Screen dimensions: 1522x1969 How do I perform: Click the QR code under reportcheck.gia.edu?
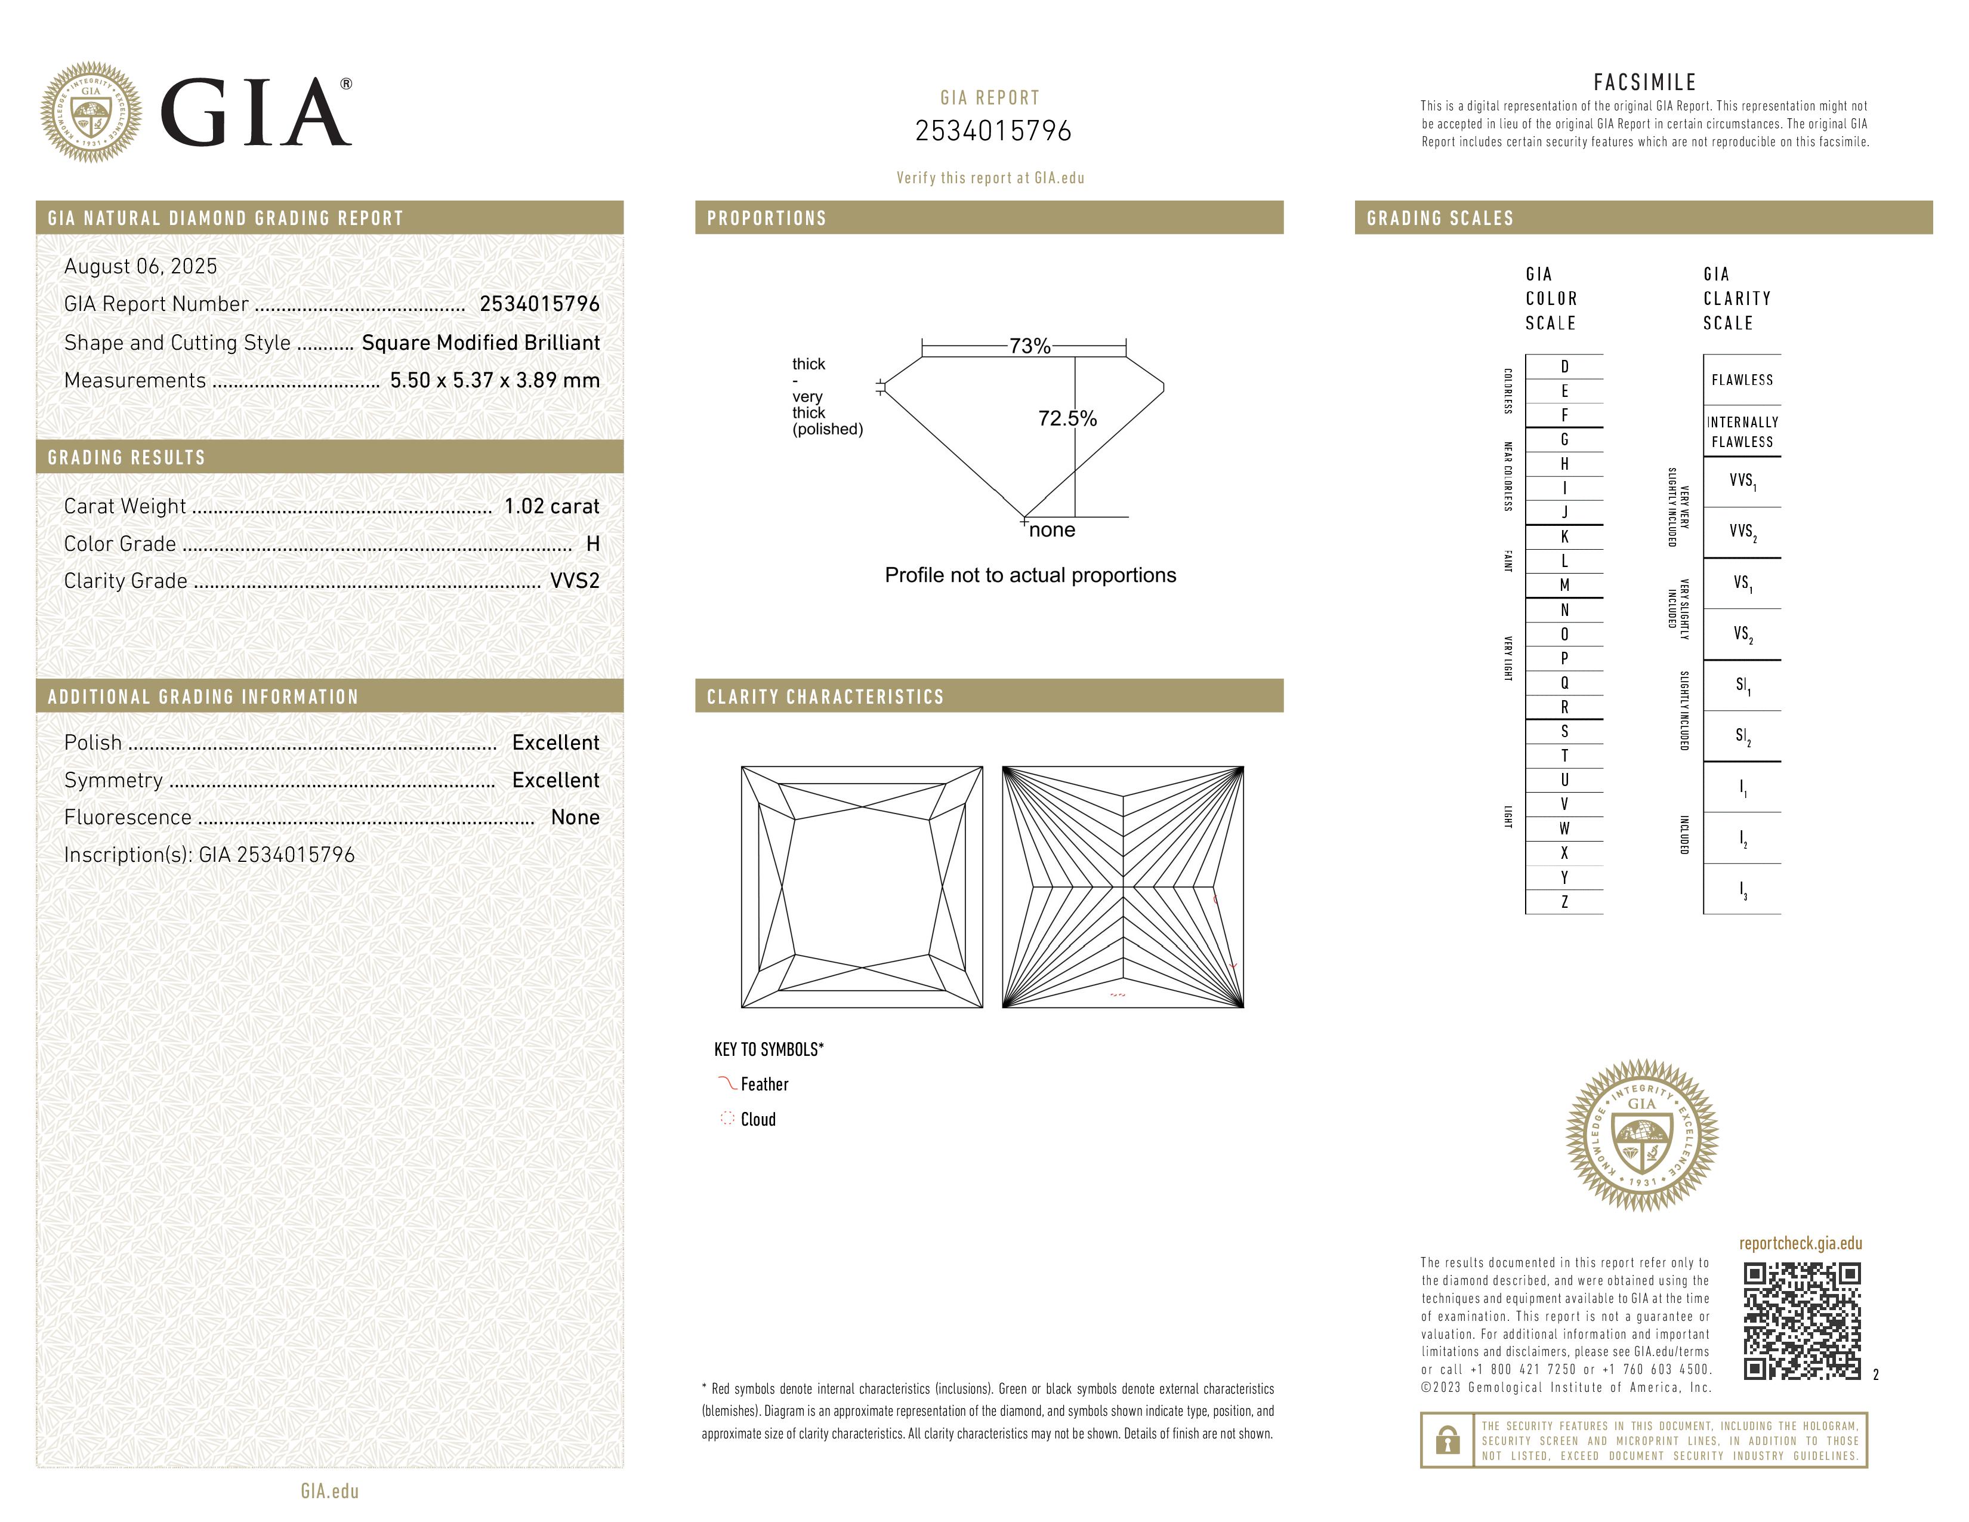[1801, 1321]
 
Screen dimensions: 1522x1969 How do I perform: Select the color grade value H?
[592, 544]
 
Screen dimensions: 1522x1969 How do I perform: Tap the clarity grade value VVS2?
[574, 581]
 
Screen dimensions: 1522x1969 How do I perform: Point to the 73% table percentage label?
[1030, 346]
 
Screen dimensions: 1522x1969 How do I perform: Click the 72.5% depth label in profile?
[1067, 418]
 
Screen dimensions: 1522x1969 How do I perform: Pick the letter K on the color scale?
[1564, 537]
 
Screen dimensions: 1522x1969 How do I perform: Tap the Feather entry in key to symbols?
[764, 1084]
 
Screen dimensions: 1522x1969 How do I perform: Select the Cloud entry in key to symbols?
[757, 1120]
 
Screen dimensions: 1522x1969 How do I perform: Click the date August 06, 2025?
[141, 266]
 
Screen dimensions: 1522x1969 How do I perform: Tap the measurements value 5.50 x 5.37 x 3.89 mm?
[494, 381]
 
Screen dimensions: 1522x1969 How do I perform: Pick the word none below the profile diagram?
[1051, 530]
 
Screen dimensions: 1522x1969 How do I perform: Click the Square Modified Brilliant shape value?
[480, 343]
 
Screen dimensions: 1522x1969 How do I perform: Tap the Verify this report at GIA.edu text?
[990, 178]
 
